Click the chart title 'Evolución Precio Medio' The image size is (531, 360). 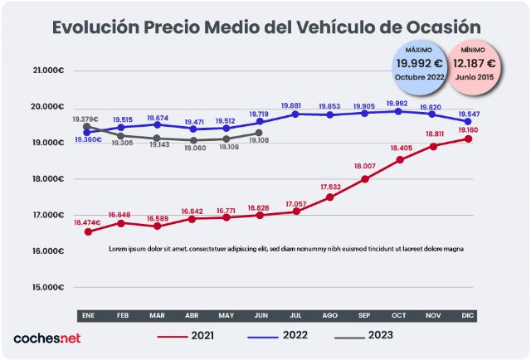[265, 27]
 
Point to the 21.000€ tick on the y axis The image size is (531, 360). [47, 71]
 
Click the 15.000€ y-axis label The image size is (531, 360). [47, 287]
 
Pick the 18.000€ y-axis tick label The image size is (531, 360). [47, 179]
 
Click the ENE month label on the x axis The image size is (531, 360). [87, 316]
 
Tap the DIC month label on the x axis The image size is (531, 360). [468, 316]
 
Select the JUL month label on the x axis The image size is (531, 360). [295, 316]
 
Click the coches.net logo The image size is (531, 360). [46, 338]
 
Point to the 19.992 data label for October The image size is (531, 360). [398, 105]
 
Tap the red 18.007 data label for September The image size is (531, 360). [365, 165]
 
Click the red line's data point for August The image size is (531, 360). [329, 197]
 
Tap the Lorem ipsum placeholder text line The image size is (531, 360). [286, 248]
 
